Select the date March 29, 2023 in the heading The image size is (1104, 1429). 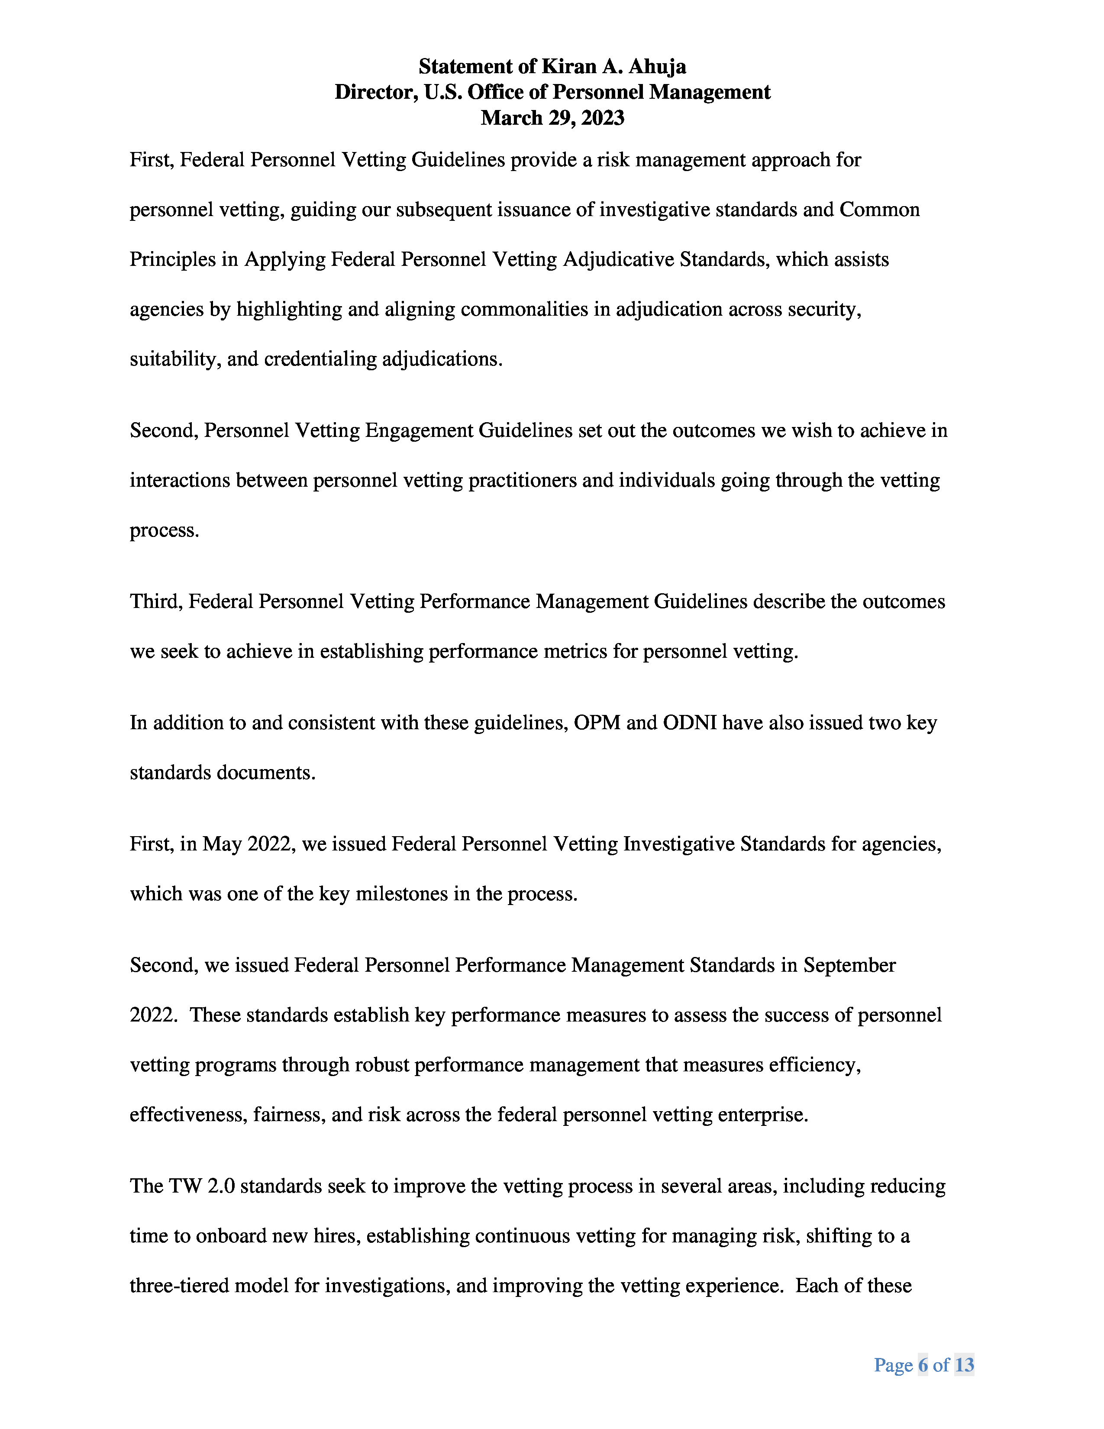coord(553,118)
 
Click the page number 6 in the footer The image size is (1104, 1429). coord(923,1365)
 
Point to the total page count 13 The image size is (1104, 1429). coord(964,1365)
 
